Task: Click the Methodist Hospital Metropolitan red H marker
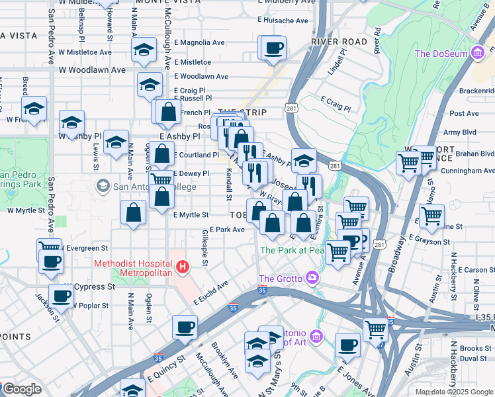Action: coord(183,267)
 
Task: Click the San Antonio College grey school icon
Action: coord(103,187)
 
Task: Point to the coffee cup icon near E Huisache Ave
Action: coord(273,48)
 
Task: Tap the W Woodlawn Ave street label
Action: coord(91,69)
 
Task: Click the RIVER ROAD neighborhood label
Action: coord(339,42)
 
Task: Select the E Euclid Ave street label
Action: coord(211,292)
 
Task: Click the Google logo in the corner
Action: coord(22,389)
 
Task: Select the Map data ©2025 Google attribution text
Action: coord(453,392)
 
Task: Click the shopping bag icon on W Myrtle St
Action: coord(134,212)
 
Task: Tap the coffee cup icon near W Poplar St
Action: coord(62,296)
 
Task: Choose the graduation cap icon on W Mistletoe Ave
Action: coord(144,50)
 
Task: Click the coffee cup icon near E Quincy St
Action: coord(185,326)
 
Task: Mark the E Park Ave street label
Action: coord(227,230)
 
